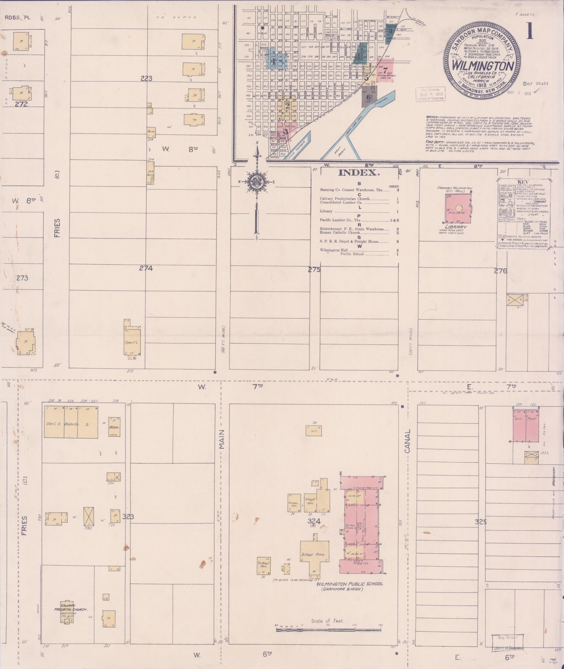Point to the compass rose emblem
pos(257,181)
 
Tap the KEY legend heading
pos(523,182)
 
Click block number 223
pos(146,79)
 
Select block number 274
pos(146,268)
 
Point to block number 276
pos(500,270)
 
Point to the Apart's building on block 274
pos(134,342)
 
